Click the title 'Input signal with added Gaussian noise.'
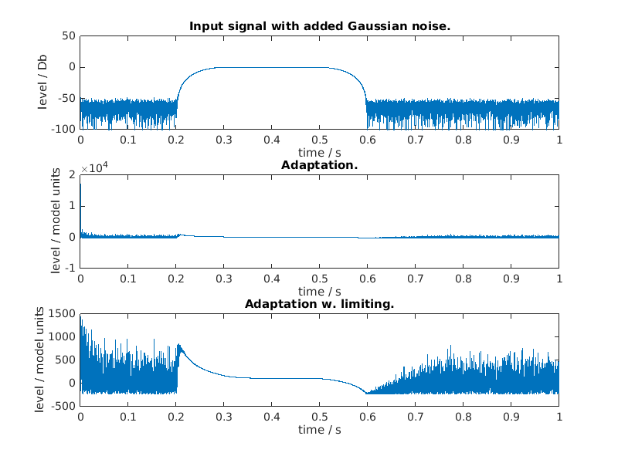point(320,26)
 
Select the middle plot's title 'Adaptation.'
point(320,165)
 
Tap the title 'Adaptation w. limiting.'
point(320,304)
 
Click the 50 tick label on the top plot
point(68,35)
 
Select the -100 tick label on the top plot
point(63,128)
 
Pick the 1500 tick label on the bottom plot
point(63,313)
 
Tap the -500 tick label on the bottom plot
point(63,406)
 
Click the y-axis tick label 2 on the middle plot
point(72,175)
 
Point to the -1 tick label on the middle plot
point(70,268)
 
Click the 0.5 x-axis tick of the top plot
point(320,140)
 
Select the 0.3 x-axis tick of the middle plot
point(224,279)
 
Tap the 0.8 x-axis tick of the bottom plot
point(463,417)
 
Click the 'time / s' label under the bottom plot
point(320,429)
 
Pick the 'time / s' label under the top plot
point(320,152)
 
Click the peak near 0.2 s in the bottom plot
point(179,345)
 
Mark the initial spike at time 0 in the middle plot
point(80,185)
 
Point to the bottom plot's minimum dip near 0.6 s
point(367,393)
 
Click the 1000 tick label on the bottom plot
point(63,336)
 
